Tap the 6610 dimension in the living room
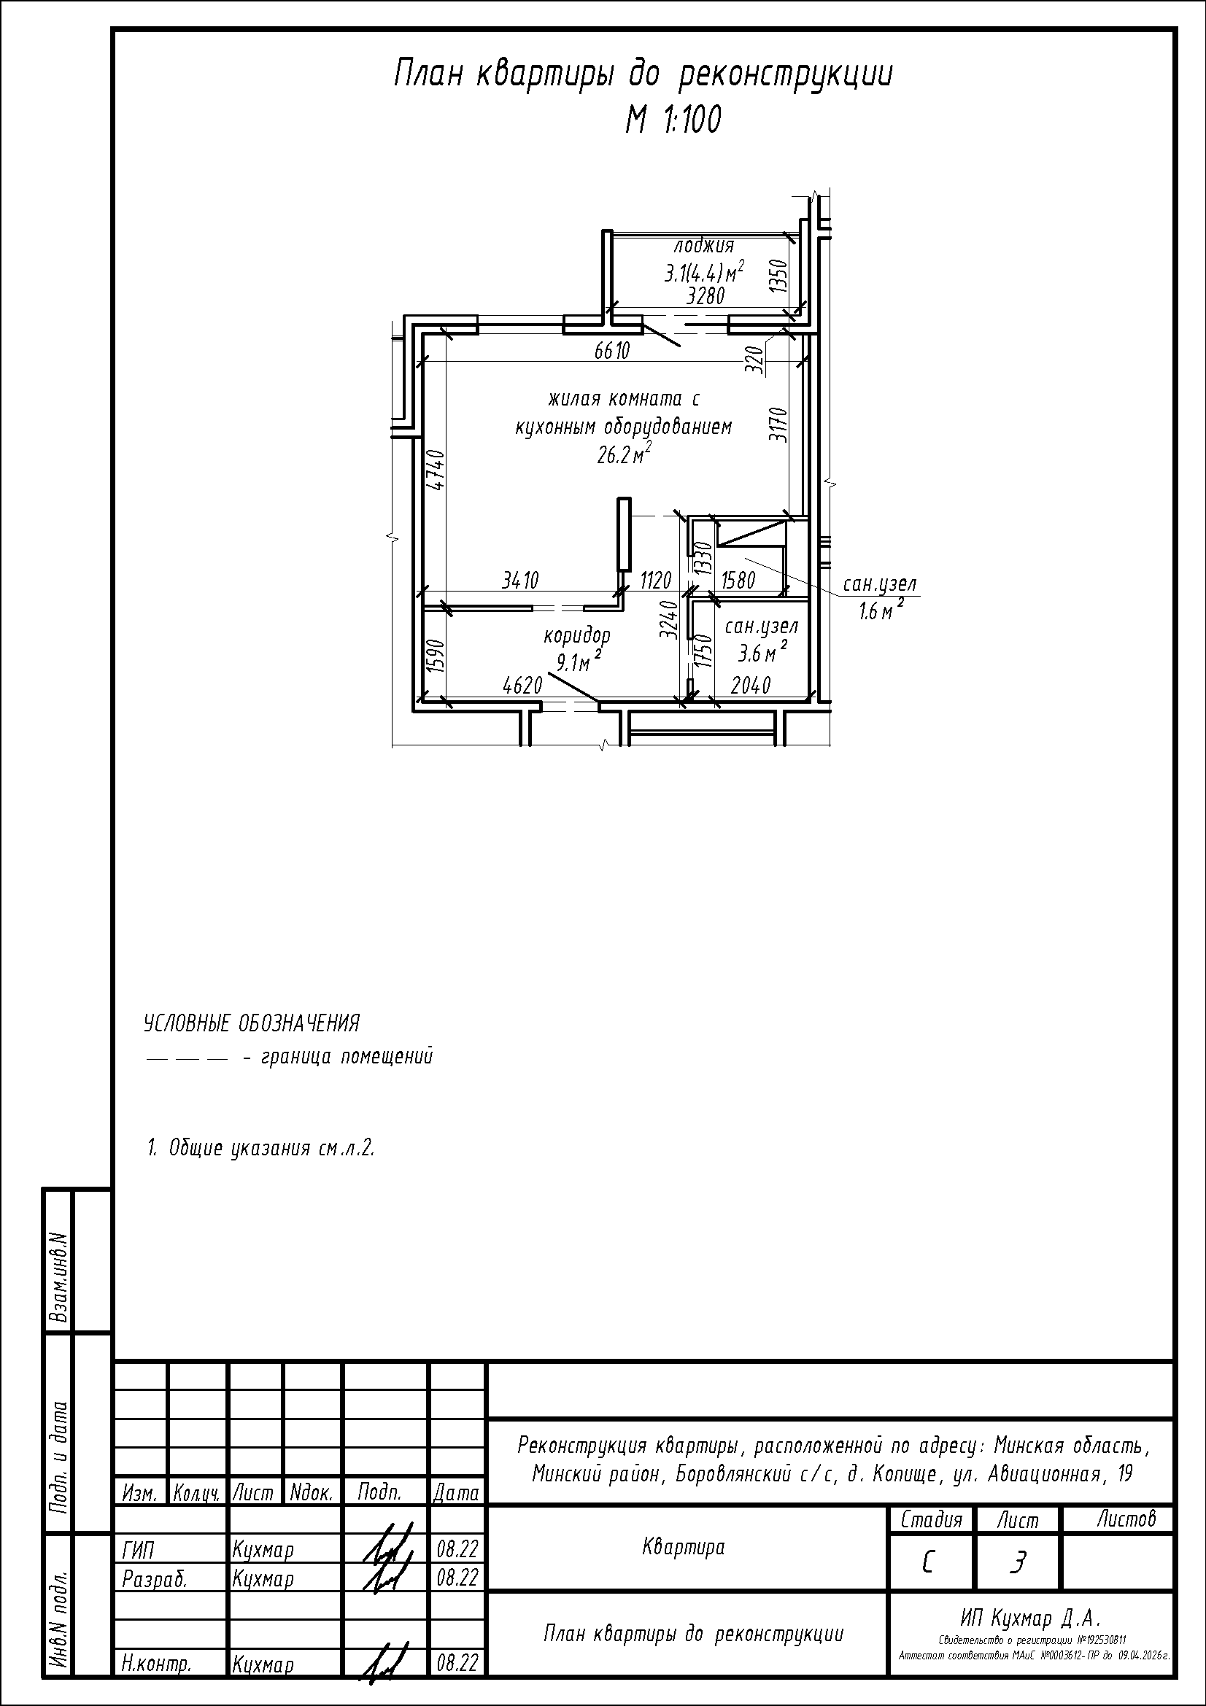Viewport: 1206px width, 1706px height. (x=612, y=351)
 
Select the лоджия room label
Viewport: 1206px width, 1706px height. (x=704, y=245)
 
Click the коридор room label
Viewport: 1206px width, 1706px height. (x=577, y=636)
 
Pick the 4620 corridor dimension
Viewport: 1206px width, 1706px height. (x=522, y=685)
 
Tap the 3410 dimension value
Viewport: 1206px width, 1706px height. (x=520, y=580)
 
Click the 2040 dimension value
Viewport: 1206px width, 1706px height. (x=751, y=685)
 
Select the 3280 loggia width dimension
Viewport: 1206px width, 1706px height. (x=706, y=296)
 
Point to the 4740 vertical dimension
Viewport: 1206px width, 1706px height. (x=438, y=470)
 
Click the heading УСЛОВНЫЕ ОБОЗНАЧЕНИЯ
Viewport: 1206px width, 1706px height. (x=251, y=1024)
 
